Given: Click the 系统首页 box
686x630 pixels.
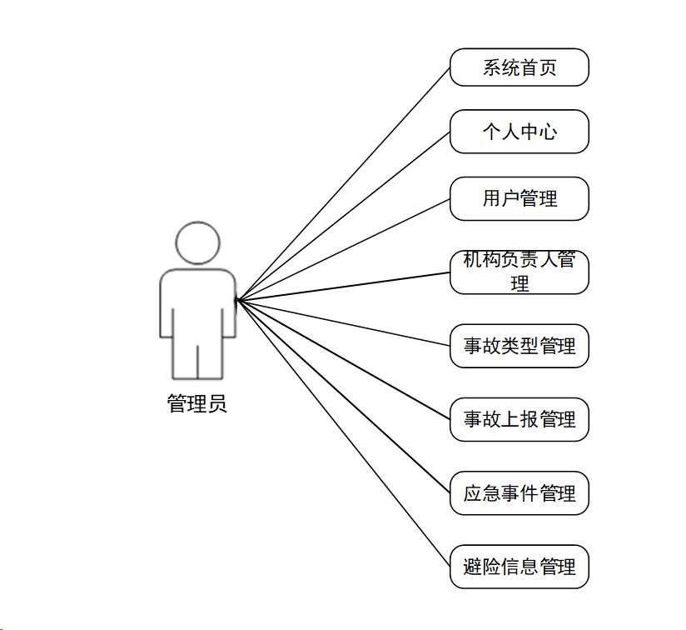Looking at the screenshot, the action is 519,67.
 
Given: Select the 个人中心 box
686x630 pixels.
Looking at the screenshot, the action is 519,132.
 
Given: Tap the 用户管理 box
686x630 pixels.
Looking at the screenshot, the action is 519,199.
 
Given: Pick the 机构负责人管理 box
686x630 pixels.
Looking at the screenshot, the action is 519,272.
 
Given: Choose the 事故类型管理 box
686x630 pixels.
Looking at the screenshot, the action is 519,346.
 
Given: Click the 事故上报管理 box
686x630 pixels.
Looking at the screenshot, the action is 519,419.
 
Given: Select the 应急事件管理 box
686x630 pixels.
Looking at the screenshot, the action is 519,493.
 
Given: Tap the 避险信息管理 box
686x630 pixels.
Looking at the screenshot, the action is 519,567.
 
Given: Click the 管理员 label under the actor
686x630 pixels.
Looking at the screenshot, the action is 196,403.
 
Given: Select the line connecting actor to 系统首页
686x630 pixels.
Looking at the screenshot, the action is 343,184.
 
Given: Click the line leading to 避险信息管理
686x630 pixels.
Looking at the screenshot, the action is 343,433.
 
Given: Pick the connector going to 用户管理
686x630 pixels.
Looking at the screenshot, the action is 343,249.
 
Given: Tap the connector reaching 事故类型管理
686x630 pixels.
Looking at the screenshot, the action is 343,322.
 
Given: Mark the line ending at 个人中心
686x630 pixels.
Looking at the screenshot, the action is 343,217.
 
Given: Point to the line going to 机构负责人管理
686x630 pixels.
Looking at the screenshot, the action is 343,287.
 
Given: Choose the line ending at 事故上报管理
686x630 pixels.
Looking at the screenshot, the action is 343,359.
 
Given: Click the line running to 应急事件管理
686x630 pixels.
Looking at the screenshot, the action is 343,396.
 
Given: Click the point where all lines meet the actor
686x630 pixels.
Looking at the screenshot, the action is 236,300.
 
